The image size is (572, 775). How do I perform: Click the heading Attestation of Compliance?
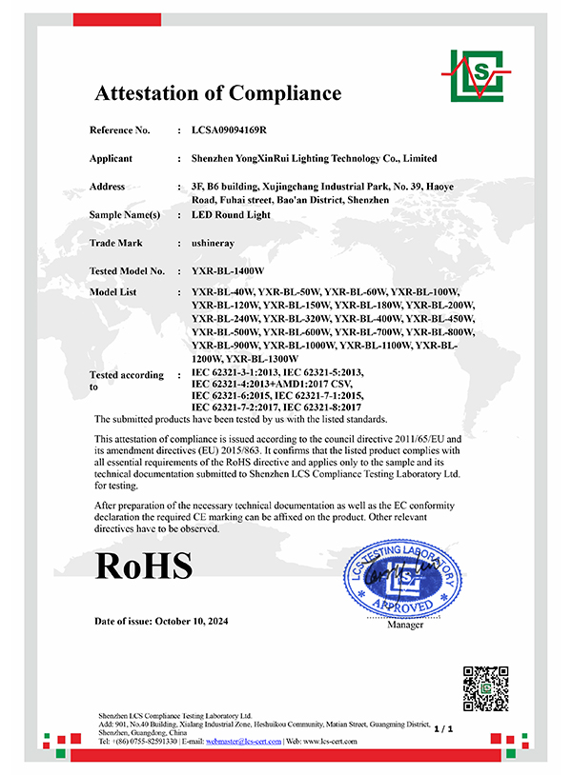[x=217, y=93]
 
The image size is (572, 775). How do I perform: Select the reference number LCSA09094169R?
[x=230, y=129]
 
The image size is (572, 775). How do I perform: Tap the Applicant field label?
[x=111, y=158]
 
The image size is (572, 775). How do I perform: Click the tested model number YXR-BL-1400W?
[x=227, y=271]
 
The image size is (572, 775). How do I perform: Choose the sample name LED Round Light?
[x=232, y=215]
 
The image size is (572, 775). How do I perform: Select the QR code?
[x=485, y=688]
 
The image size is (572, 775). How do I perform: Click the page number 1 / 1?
[x=442, y=728]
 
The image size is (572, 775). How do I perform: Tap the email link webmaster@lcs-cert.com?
[x=244, y=741]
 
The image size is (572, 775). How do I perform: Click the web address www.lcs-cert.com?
[x=337, y=741]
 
